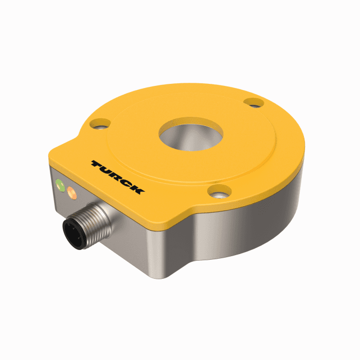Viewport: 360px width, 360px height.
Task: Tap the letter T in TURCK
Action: tap(98, 164)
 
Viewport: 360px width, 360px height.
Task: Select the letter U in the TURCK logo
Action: tap(107, 170)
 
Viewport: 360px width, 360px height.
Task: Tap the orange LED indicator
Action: tap(71, 194)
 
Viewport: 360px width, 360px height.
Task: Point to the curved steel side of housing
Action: tap(257, 216)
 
